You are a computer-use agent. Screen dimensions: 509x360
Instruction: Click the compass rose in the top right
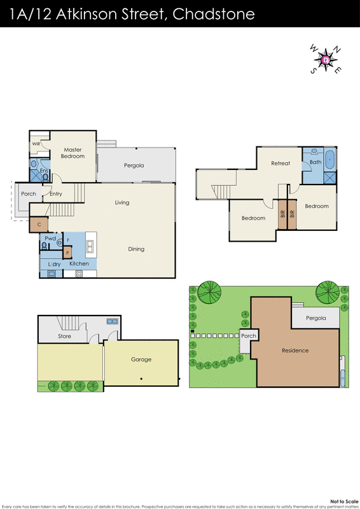pos(326,60)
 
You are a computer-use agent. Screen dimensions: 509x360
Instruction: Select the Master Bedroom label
pos(73,152)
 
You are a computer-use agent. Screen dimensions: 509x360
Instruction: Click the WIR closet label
pos(36,144)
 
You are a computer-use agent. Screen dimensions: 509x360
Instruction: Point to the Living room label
pos(122,202)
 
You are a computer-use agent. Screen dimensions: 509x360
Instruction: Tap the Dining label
pos(135,249)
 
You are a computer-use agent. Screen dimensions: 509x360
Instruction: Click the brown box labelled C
pos(39,224)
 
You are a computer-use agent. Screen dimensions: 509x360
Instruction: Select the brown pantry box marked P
pos(67,253)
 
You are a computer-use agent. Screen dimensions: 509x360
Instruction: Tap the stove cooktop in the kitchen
pos(80,274)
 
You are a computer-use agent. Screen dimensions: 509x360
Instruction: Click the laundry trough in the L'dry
pos(52,274)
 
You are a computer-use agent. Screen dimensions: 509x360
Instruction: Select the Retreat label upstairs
pos(280,164)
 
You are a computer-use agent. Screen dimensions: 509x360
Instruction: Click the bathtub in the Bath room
pos(329,159)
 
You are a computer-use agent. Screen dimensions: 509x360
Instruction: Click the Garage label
pos(141,359)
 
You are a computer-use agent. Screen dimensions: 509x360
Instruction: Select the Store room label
pos(64,336)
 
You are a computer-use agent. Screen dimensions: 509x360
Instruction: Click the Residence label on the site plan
pos(295,351)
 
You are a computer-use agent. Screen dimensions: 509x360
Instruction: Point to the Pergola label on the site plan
pos(315,318)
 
